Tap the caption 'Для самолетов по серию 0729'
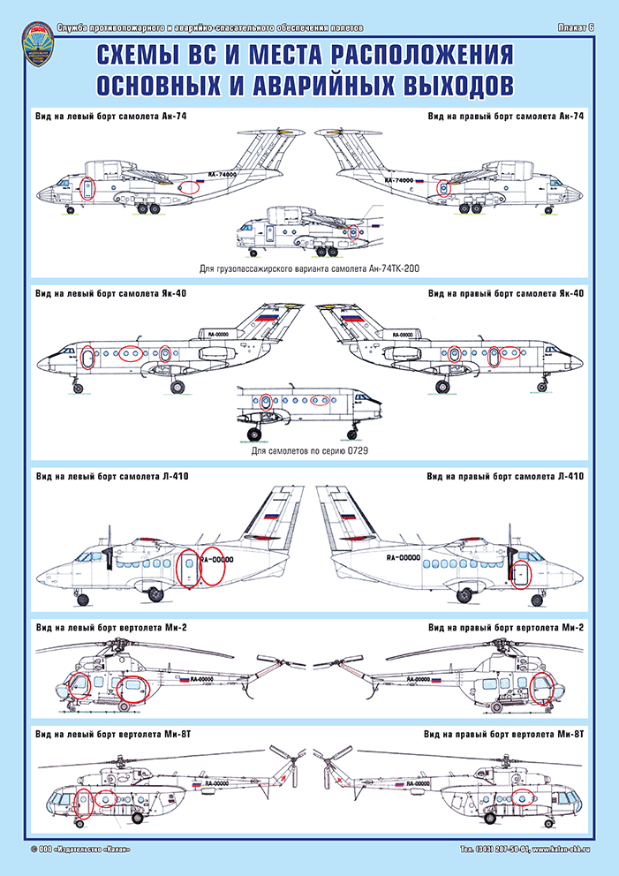[x=309, y=451]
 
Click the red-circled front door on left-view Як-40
[x=87, y=358]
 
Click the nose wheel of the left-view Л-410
[x=83, y=600]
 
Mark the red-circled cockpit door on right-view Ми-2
[x=544, y=686]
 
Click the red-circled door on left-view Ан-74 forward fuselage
[x=87, y=189]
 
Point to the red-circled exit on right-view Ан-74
[x=443, y=187]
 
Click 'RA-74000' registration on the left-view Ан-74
[x=223, y=175]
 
